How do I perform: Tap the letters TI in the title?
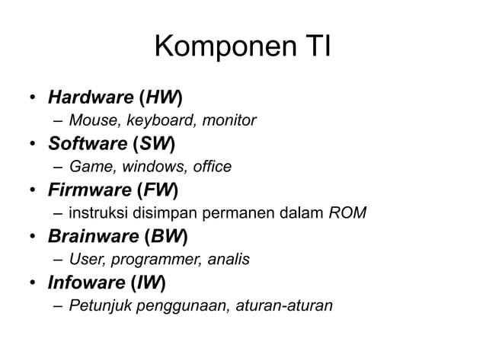coord(313,47)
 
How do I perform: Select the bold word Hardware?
coord(91,98)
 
